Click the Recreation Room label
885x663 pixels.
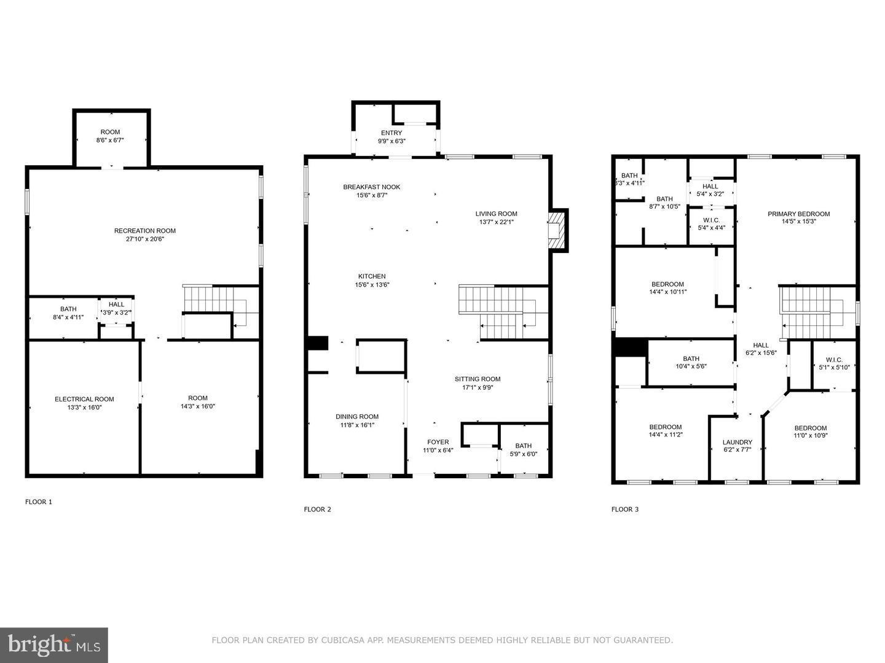[144, 231]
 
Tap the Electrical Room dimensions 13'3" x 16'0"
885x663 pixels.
[84, 407]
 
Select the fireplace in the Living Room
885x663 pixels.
[557, 230]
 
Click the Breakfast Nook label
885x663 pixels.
[371, 187]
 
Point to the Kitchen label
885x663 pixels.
[372, 276]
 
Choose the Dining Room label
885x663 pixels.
[356, 416]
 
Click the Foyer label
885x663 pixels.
[438, 442]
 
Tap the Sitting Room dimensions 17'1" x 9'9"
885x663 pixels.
[478, 387]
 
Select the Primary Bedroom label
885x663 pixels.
[798, 214]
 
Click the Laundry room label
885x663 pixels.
[737, 442]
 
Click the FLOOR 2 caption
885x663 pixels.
[317, 509]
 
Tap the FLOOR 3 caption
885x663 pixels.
[624, 509]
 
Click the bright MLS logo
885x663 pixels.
[53, 645]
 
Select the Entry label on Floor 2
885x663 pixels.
[391, 133]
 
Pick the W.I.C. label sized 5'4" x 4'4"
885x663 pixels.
[710, 220]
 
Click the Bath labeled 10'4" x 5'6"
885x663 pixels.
[691, 359]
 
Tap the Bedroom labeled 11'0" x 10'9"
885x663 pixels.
[810, 428]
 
